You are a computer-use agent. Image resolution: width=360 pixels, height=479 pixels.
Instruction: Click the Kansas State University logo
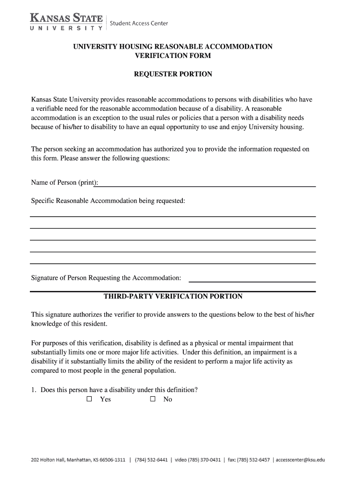(66, 22)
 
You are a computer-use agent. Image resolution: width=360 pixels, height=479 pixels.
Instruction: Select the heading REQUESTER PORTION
(173, 74)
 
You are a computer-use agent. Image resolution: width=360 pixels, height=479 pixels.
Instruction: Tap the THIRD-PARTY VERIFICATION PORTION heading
(173, 297)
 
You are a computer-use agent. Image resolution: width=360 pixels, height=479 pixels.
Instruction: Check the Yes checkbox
(90, 399)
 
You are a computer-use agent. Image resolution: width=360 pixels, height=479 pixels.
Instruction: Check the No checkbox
(152, 399)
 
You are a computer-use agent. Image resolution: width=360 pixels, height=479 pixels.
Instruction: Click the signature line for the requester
(252, 281)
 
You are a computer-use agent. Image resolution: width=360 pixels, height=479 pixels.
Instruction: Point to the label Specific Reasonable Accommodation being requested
(108, 201)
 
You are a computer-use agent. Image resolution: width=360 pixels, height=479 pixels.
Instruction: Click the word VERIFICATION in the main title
(154, 56)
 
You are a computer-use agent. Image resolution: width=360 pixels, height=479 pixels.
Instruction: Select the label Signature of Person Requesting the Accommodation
(106, 278)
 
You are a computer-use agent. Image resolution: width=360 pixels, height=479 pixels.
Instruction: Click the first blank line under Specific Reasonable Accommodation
(173, 216)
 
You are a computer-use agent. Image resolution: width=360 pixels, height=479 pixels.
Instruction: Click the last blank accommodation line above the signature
(173, 263)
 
